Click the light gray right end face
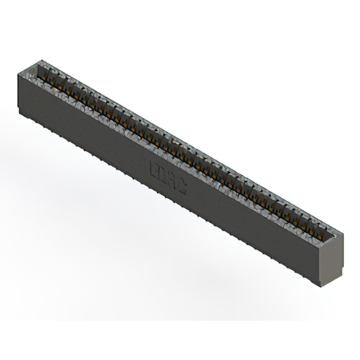(x=331, y=259)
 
